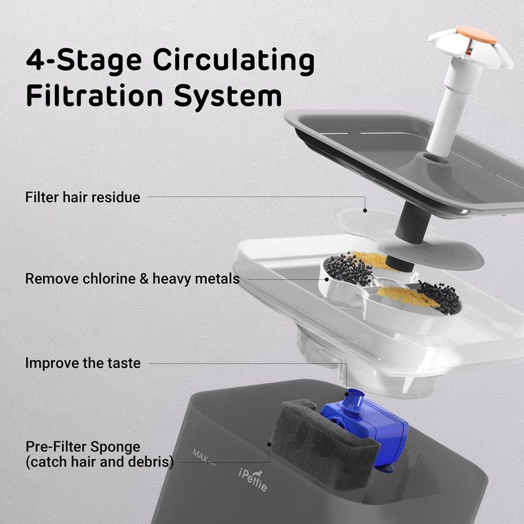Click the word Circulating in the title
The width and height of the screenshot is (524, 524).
[234, 61]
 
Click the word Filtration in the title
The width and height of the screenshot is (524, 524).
[94, 96]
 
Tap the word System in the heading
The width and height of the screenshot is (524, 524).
[228, 97]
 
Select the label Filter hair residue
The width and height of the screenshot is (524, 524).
[83, 197]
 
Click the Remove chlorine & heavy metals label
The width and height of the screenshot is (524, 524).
[132, 279]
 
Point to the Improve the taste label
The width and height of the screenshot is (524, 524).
[83, 363]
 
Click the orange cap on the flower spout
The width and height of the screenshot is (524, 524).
[476, 35]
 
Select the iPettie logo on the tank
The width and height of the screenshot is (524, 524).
[253, 479]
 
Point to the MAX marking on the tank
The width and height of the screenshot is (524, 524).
[200, 455]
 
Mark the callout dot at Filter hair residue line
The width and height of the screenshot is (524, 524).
[365, 210]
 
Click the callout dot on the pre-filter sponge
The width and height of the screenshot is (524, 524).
[269, 445]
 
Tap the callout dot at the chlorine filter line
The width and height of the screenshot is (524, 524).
[327, 280]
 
